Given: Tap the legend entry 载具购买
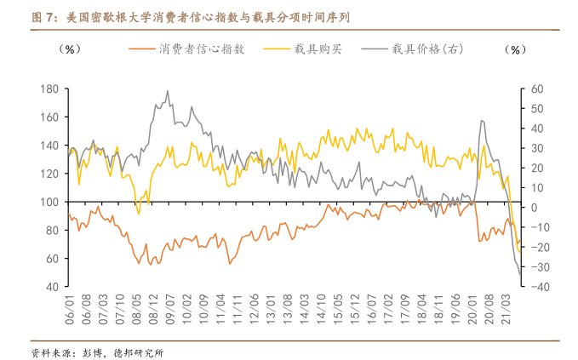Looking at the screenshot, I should click(314, 49).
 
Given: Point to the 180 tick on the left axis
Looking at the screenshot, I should click(49, 89).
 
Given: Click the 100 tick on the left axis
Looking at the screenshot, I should click(49, 202).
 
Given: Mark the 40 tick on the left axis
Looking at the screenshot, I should click(52, 287).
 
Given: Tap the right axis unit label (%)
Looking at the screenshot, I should click(516, 49).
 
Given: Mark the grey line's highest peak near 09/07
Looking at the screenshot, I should click(167, 91).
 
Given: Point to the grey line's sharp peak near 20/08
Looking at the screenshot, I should click(482, 121).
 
